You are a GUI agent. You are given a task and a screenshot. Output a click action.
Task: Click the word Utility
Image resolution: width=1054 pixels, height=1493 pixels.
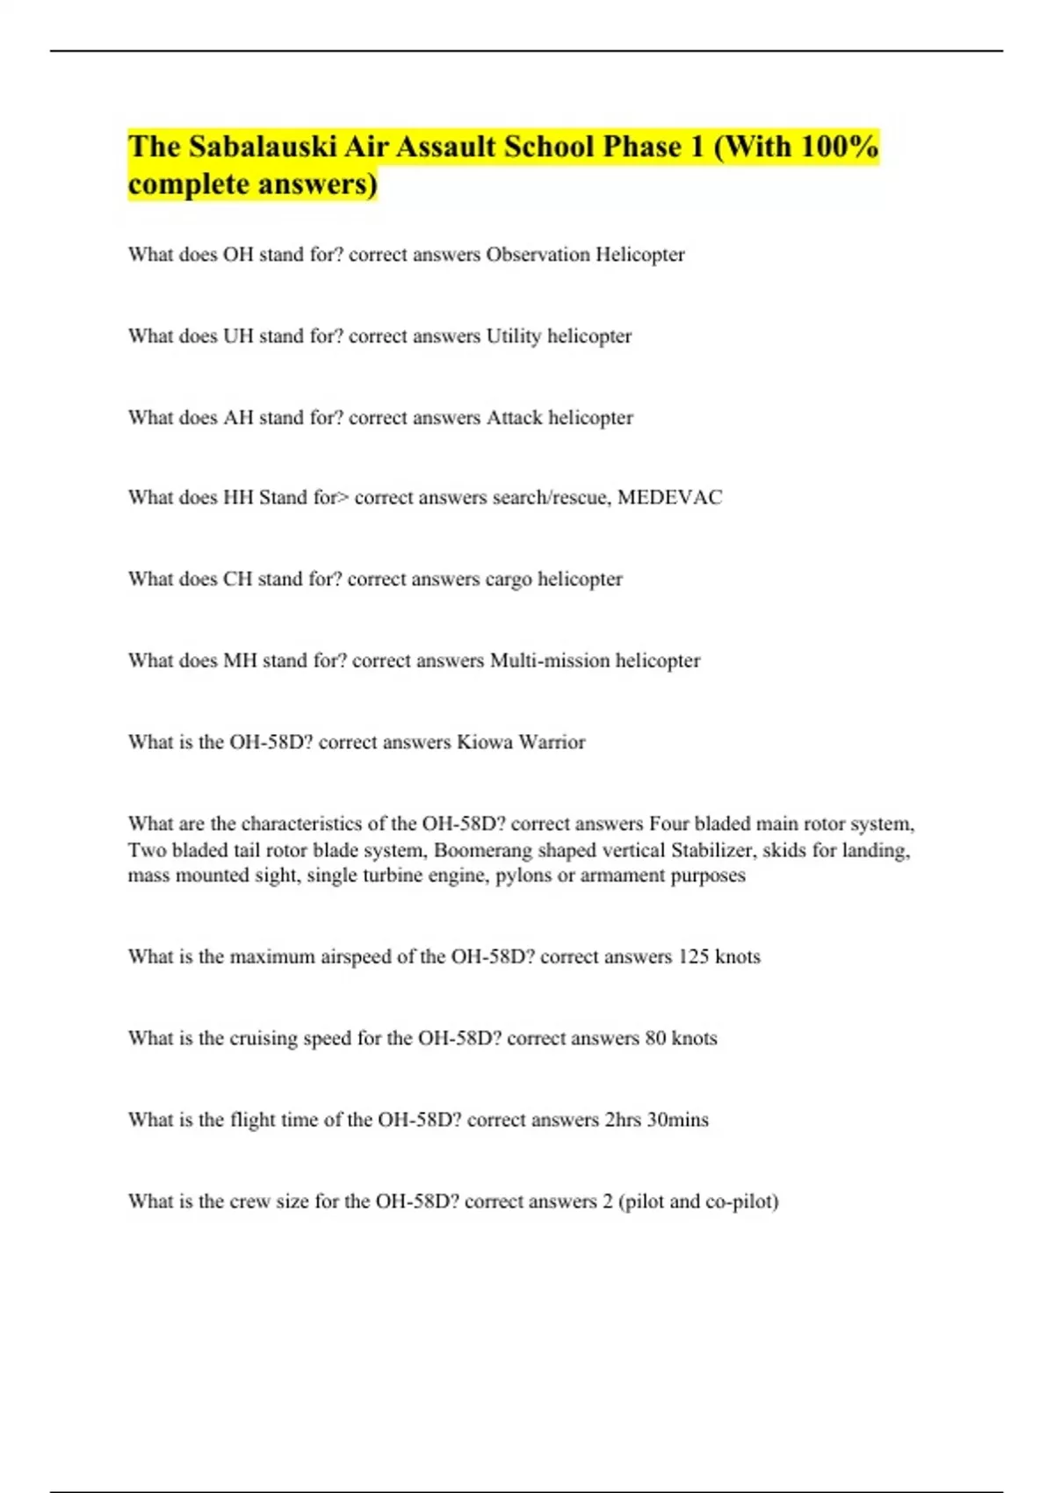pos(514,336)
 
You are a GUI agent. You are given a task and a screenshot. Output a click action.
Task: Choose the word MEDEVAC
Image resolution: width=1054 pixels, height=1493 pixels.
pos(669,498)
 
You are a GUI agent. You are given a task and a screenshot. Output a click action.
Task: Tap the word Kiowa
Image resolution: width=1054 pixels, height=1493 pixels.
pos(485,742)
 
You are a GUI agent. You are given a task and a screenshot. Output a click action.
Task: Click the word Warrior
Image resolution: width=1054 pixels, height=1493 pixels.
pos(552,742)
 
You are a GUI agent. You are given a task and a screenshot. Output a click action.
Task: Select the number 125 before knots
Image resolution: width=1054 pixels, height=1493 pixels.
pos(693,956)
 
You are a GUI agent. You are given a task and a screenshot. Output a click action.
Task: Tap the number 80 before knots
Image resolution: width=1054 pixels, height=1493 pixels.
pos(655,1038)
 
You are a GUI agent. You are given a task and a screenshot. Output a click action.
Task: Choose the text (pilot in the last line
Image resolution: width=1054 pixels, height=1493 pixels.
pos(641,1201)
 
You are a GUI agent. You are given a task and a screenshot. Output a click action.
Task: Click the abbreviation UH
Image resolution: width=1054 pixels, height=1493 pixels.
pos(238,336)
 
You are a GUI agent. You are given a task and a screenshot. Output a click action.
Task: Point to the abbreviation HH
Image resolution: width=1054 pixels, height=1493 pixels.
pos(238,498)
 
